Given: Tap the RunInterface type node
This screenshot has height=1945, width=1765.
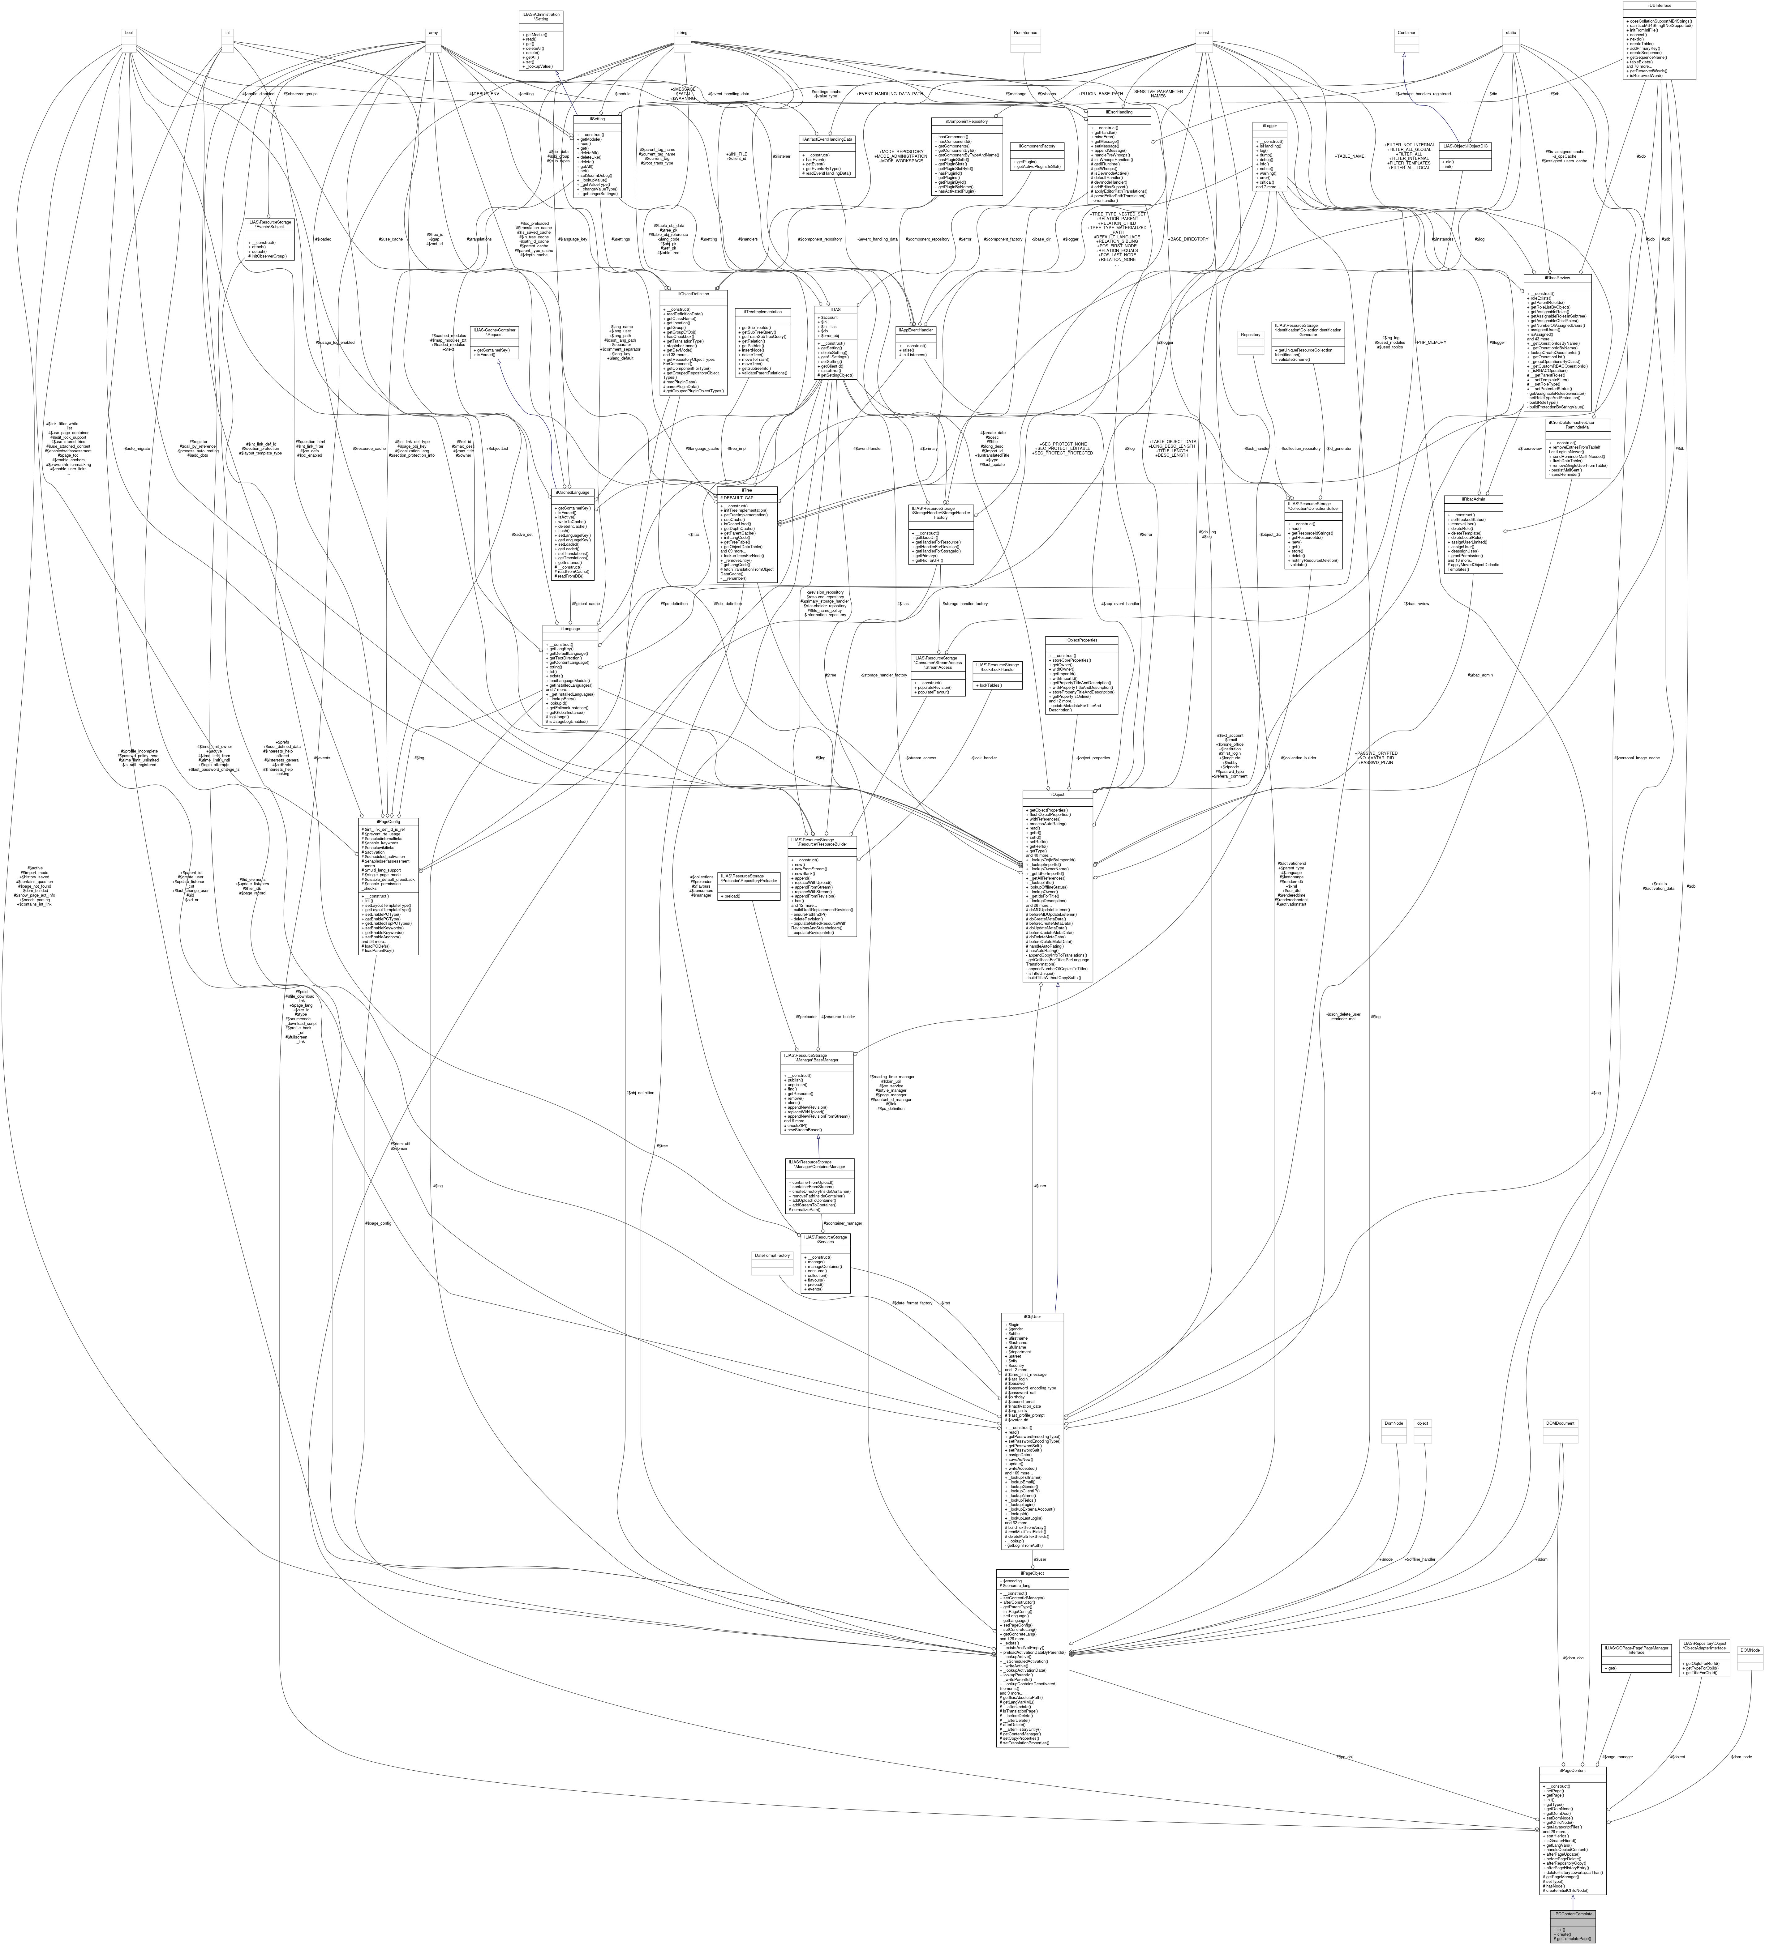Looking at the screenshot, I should click(1024, 33).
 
